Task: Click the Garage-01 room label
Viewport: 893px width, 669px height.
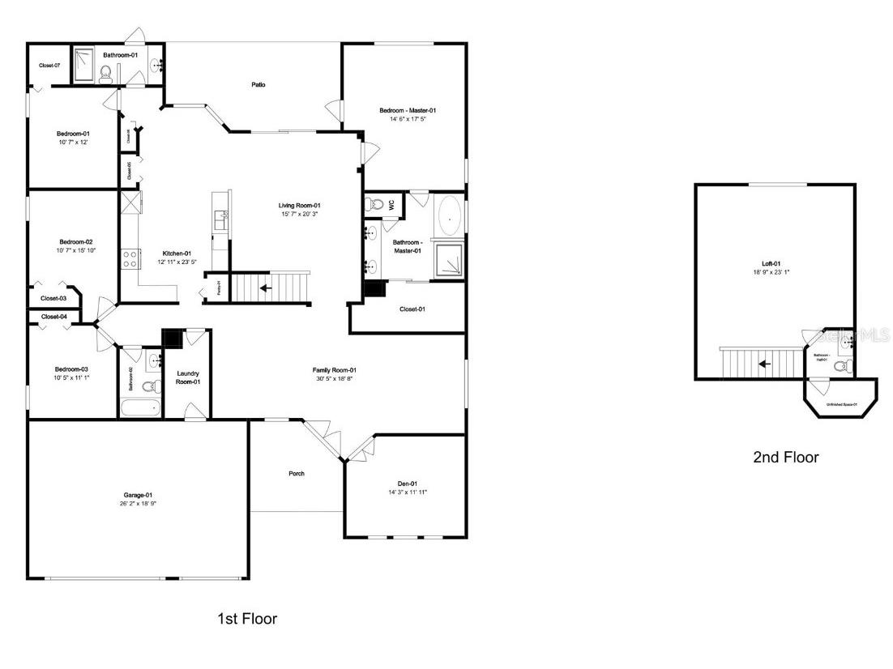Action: (x=138, y=495)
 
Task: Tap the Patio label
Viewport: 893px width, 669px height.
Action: (x=258, y=84)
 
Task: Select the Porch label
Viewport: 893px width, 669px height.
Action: (x=297, y=473)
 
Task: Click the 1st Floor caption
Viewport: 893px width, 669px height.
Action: (x=247, y=619)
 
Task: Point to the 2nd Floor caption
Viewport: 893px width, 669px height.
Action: (x=786, y=457)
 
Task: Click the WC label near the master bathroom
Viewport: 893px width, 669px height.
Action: (x=391, y=205)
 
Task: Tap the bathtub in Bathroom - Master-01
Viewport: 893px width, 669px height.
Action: (x=450, y=217)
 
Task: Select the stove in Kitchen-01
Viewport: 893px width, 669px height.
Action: (x=129, y=258)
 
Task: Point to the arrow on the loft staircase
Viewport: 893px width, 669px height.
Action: (x=763, y=363)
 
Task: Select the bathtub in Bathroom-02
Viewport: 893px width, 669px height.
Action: (x=140, y=407)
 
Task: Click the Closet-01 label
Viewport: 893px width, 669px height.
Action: (x=412, y=309)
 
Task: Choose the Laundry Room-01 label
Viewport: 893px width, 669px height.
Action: (x=188, y=377)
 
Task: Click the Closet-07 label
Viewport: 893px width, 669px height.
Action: (x=49, y=65)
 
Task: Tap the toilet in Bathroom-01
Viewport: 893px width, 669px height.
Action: (x=105, y=75)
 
